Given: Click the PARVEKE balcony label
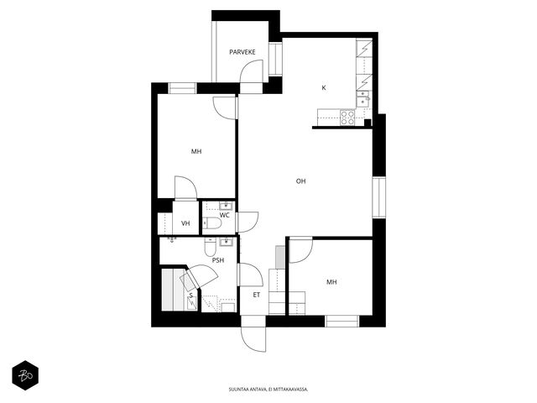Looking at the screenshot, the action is pos(242,52).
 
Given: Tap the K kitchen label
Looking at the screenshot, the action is pos(324,88).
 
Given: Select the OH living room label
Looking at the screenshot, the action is pos(300,181).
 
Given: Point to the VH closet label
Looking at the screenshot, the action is pos(185,223).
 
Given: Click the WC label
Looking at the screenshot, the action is pos(224,215).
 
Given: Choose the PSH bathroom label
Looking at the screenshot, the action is pos(218,260).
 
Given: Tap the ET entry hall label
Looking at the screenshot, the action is pos(257,295).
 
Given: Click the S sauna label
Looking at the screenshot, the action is pos(191,296).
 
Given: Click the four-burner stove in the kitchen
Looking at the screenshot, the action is pos(347,118).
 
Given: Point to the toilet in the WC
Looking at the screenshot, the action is pos(212,223).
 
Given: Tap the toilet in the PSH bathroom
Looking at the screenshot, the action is pos(211,247).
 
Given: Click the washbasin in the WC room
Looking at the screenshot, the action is pos(226,206).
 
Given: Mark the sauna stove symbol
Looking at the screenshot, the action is pos(192,303).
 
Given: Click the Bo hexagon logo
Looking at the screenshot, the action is pos(25,375).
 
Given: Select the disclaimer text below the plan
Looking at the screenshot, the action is pos(268,390).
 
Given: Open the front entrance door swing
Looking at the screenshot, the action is pos(253,339).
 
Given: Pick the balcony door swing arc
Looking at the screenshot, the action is pos(251,71).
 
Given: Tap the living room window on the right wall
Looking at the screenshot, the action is pos(379,197).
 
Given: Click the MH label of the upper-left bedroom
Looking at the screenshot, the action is pos(196,151).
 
